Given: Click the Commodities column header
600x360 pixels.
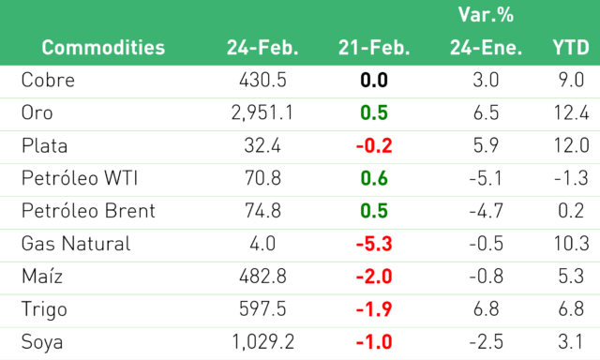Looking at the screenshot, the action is pos(103,48).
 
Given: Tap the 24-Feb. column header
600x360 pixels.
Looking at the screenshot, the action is pos(262,48).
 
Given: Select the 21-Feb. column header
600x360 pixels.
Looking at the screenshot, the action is pos(374,48).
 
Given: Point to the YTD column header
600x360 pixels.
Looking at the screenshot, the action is pos(571,48).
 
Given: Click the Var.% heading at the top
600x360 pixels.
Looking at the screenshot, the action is pos(486,15).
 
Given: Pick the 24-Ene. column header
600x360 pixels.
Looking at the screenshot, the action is pos(486,48).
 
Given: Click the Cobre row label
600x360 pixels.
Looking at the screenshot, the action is pos(48,80).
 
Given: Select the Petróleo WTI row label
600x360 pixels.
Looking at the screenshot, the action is pos(80,178).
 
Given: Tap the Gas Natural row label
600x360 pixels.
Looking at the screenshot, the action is pos(76,244).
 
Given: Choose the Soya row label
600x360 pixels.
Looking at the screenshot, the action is pos(42,342).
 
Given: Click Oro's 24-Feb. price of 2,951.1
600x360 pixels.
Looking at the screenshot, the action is pos(262,112).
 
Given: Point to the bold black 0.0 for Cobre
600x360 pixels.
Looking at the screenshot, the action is pos(374,80).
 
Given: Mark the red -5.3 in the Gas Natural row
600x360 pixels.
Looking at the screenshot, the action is pos(374,244).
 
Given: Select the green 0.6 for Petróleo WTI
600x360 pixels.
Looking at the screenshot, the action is pos(374,178).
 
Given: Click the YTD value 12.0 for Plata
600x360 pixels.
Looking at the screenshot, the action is pos(571,145).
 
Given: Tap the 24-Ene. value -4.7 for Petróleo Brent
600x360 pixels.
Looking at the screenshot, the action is pos(486,211).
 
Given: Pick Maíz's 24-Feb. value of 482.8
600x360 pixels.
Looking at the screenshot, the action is pos(262,277).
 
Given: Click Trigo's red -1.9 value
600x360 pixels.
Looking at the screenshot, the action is pos(374,309).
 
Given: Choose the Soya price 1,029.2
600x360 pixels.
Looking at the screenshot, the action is pos(262,341).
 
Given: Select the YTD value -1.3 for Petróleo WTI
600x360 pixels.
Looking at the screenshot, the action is pos(571,178).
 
